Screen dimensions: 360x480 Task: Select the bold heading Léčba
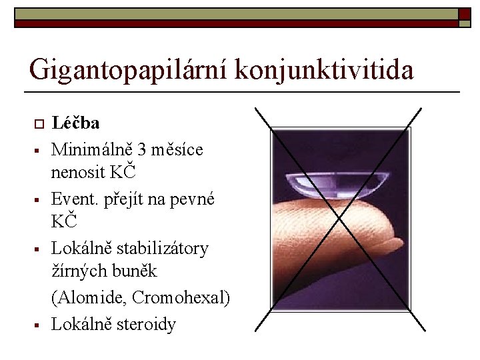pyautogui.click(x=76, y=123)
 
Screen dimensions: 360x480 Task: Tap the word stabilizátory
pyautogui.click(x=162, y=248)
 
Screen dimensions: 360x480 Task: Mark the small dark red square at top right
pyautogui.click(x=464, y=13)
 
